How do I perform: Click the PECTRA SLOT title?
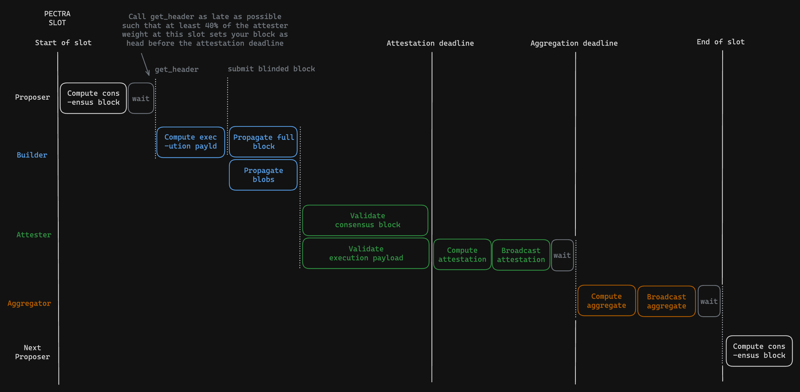click(57, 18)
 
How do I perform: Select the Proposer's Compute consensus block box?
click(93, 98)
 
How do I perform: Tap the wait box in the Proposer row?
click(141, 98)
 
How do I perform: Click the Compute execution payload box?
click(191, 142)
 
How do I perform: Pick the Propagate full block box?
click(263, 142)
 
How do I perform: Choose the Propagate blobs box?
click(263, 175)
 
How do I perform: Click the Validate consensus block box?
click(365, 220)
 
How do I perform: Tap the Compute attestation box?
click(462, 254)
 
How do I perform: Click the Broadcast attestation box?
click(521, 255)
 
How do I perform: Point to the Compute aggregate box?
click(606, 300)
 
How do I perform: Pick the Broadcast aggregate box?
click(666, 301)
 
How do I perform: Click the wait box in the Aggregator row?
click(709, 301)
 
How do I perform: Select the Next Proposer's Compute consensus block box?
click(759, 351)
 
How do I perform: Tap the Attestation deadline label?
click(430, 43)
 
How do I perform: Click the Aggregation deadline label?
click(574, 43)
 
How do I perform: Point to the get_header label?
click(176, 70)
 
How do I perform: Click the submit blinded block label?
click(271, 69)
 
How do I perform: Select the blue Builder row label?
click(32, 155)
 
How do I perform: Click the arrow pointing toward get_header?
click(145, 64)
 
